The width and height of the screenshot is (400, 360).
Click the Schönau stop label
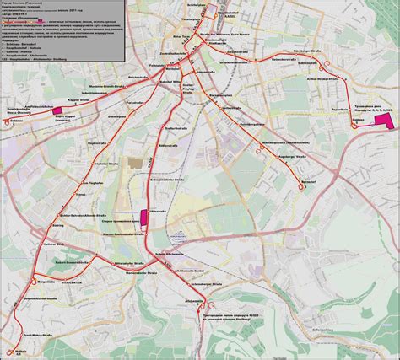14,120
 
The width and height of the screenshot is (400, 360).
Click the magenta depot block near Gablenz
385,121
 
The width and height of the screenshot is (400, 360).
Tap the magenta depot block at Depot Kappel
57,109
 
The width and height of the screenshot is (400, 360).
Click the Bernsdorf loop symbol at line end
301,191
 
